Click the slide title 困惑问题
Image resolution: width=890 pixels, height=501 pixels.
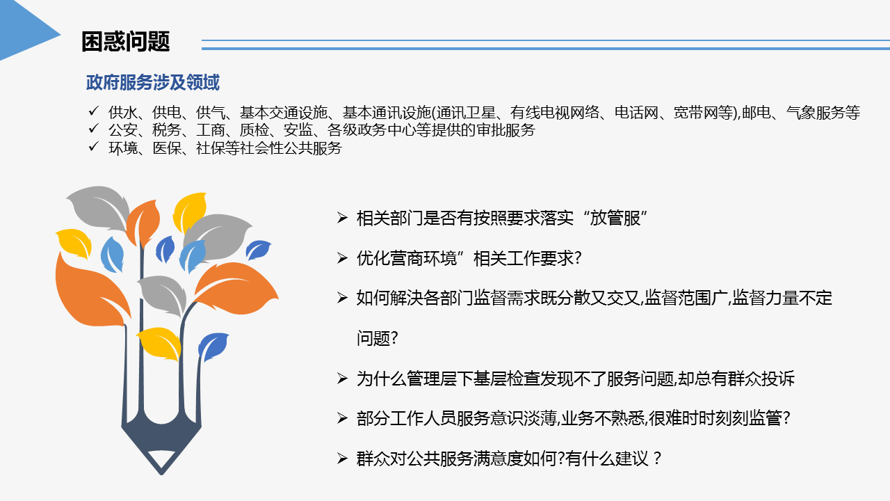[126, 41]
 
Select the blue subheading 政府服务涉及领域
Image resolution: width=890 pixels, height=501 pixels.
[152, 82]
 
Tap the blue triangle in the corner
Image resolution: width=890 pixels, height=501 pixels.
[28, 29]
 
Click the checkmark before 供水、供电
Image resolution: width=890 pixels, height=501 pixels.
[94, 111]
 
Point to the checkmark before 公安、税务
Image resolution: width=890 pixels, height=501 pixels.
[94, 129]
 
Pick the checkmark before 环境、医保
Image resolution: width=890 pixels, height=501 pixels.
[94, 146]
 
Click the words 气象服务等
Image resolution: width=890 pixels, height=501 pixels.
[823, 113]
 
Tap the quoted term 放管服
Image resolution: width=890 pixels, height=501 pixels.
[615, 218]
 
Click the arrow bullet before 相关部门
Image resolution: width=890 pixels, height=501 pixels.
[342, 218]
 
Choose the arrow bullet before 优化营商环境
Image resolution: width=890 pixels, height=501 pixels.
[342, 258]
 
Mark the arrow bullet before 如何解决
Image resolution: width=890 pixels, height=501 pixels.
[342, 298]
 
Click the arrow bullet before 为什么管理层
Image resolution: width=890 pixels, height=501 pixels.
[342, 378]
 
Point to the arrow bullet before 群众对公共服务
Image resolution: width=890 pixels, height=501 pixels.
[342, 459]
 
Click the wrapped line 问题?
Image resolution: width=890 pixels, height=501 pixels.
[377, 338]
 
